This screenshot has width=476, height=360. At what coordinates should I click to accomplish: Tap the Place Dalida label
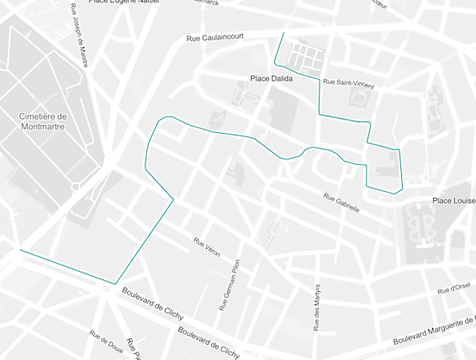[x=271, y=78]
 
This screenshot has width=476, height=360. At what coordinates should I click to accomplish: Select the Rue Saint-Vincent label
[x=348, y=82]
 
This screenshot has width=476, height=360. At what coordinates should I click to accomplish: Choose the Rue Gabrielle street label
[x=341, y=202]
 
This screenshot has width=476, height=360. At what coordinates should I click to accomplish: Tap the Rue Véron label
[x=207, y=247]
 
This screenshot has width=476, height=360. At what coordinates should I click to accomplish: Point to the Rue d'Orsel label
[x=452, y=289]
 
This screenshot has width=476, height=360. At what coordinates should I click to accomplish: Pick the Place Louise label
[x=453, y=200]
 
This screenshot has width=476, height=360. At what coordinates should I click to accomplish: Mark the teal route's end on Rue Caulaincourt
[x=283, y=33]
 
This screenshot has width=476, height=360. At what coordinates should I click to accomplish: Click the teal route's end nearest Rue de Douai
[x=19, y=250]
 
